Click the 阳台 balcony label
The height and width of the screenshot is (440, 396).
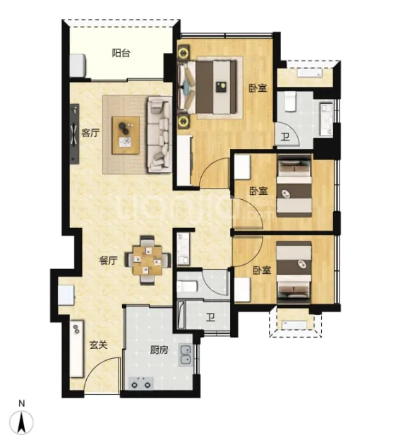tap(121, 53)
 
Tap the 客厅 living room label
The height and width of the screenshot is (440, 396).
tap(90, 133)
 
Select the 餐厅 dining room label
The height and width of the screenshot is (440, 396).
tap(108, 261)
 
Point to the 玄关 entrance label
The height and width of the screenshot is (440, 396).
tap(98, 345)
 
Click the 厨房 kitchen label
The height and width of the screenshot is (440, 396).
tap(159, 350)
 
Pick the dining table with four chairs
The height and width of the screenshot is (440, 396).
tap(148, 261)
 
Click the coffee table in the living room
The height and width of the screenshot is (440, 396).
tap(126, 136)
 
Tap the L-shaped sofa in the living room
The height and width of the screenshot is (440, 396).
tap(159, 134)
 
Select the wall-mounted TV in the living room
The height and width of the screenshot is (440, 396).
tap(75, 133)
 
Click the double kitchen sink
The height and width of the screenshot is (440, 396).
tap(186, 355)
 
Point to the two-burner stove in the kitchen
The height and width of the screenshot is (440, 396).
tap(140, 383)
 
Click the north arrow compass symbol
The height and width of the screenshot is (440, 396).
tap(21, 423)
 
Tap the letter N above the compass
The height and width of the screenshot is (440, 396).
tap(22, 403)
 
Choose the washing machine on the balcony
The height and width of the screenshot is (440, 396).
tap(78, 66)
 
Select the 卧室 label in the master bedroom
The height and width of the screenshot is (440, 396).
tap(258, 88)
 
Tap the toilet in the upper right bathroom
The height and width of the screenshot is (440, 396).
tap(290, 102)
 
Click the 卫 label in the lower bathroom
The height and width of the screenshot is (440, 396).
tap(210, 318)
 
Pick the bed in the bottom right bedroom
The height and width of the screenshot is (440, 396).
tap(294, 272)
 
